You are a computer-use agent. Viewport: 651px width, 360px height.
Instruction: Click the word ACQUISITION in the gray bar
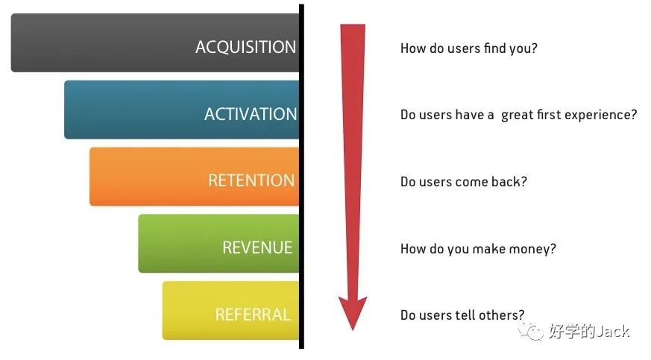click(246, 47)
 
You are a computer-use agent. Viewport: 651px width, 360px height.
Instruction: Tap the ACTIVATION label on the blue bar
click(251, 114)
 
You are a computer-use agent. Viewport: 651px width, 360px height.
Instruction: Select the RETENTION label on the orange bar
click(251, 180)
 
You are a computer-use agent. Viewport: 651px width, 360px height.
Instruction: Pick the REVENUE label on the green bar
click(257, 247)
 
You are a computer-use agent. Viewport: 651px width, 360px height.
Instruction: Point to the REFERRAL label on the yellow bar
click(253, 315)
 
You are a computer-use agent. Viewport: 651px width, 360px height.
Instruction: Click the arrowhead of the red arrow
click(353, 314)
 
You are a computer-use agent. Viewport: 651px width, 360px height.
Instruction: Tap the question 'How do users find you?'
click(469, 48)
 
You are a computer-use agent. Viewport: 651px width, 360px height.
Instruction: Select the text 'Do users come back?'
click(464, 182)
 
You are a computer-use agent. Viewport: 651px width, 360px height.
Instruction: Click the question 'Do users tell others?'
click(462, 315)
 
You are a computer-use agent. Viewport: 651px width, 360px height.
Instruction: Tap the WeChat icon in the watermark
click(530, 332)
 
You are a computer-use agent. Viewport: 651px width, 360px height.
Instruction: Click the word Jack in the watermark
click(613, 332)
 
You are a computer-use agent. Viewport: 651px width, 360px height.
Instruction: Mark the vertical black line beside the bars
click(301, 176)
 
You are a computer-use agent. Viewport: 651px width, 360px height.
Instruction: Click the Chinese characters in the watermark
click(572, 332)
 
